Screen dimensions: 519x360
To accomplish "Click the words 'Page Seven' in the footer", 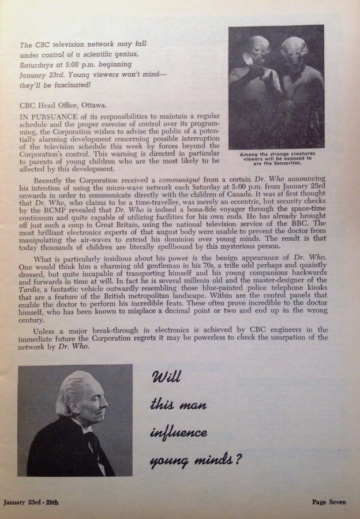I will pyautogui.click(x=327, y=502).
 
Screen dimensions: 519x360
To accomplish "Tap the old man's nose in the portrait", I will pyautogui.click(x=107, y=406).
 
